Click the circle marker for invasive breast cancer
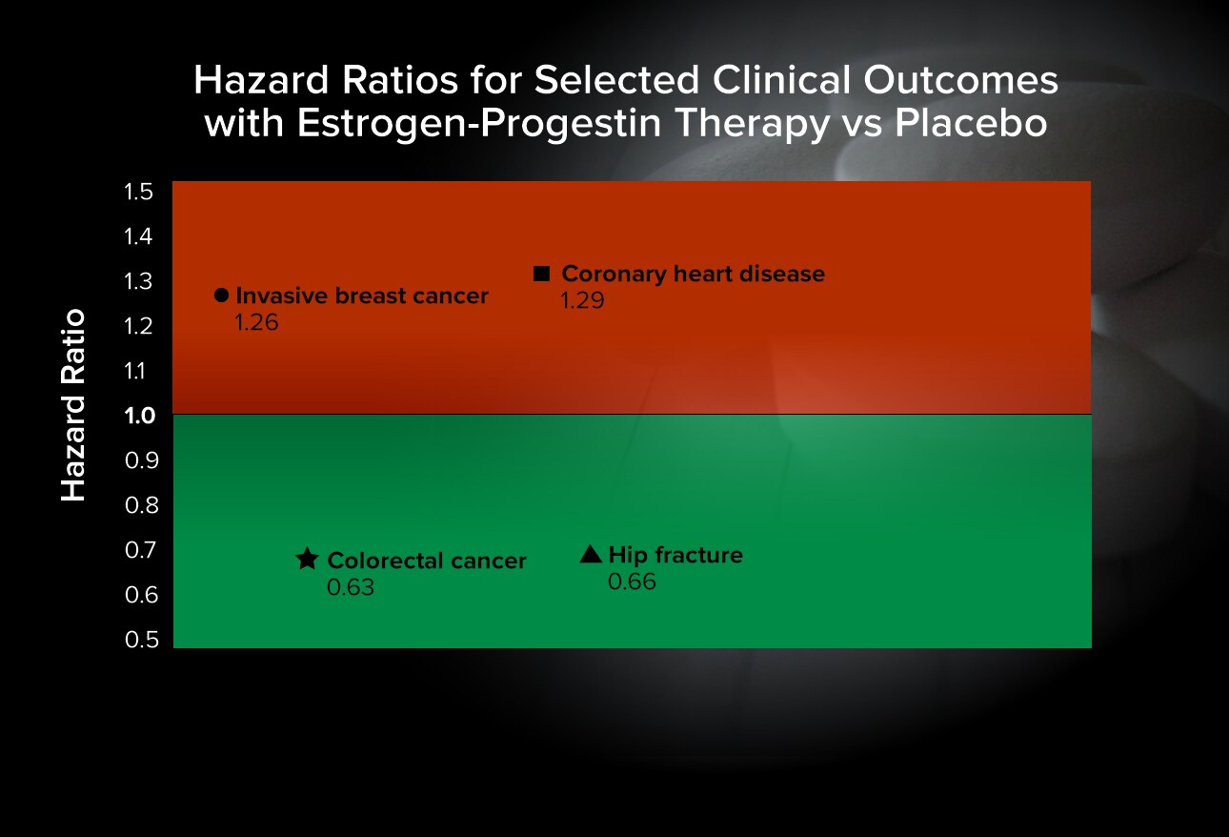click(x=221, y=296)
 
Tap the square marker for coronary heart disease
click(x=541, y=274)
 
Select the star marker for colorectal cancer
click(x=307, y=559)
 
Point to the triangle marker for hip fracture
click(x=591, y=554)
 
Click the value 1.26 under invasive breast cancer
click(x=257, y=322)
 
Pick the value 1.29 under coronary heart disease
click(x=583, y=300)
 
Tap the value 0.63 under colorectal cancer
click(x=351, y=587)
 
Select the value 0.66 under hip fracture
click(x=632, y=582)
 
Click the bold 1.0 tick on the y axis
click(x=140, y=416)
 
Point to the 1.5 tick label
click(x=138, y=192)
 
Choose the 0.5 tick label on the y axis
click(x=142, y=640)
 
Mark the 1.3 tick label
click(x=138, y=281)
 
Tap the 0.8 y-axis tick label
click(x=142, y=505)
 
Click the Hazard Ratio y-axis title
click(x=73, y=405)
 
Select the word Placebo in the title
click(x=971, y=122)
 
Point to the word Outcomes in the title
click(x=960, y=80)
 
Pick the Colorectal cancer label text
click(x=427, y=561)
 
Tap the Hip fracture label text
click(x=676, y=555)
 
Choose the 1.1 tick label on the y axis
click(x=135, y=371)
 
